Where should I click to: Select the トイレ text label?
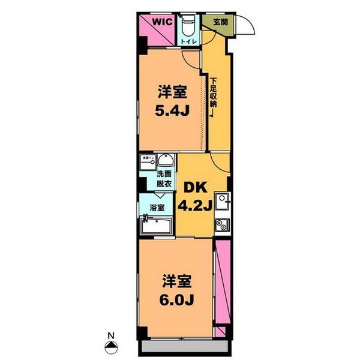pyautogui.click(x=188, y=41)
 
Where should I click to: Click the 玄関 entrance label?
pyautogui.click(x=220, y=22)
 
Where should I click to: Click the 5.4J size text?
pyautogui.click(x=172, y=112)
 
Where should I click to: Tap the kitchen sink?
pyautogui.click(x=221, y=200)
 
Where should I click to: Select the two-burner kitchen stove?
pyautogui.click(x=221, y=226)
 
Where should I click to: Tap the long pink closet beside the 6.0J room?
pyautogui.click(x=221, y=282)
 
